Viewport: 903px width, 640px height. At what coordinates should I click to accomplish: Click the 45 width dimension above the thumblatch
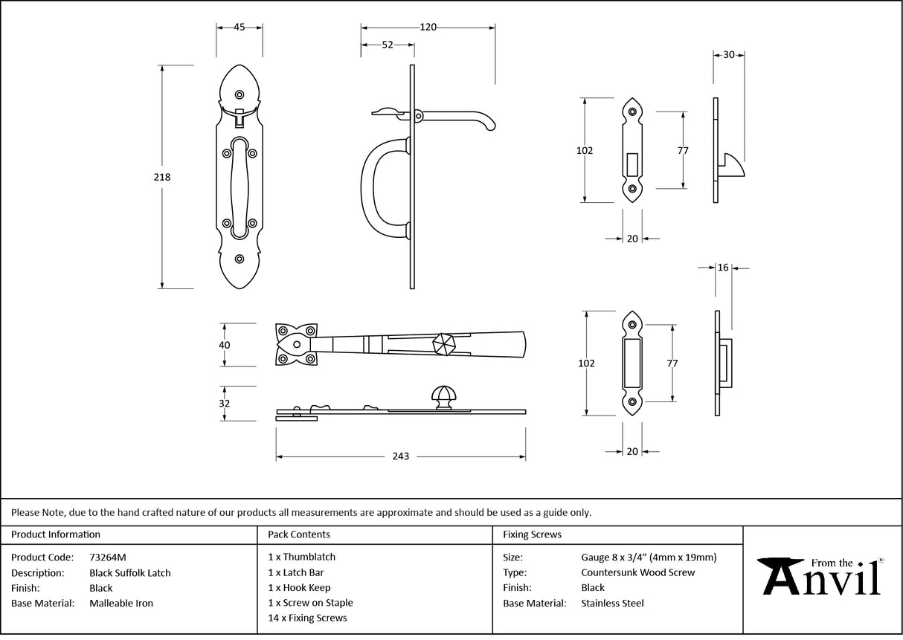pyautogui.click(x=240, y=27)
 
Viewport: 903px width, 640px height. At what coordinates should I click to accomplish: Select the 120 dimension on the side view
pyautogui.click(x=428, y=27)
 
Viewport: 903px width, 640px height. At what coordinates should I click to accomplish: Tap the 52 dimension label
pyautogui.click(x=388, y=45)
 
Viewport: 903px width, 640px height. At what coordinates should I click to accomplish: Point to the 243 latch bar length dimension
pyautogui.click(x=400, y=456)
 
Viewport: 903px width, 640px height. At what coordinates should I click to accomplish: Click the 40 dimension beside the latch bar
pyautogui.click(x=225, y=345)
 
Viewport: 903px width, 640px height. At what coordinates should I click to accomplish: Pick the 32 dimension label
pyautogui.click(x=225, y=404)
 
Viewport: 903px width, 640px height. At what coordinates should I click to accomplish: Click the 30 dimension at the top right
pyautogui.click(x=728, y=54)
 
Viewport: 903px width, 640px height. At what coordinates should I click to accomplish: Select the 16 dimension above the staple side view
pyautogui.click(x=723, y=268)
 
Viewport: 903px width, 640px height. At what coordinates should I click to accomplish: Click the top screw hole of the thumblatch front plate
pyautogui.click(x=240, y=94)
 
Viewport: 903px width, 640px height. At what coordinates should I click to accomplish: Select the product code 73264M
pyautogui.click(x=107, y=557)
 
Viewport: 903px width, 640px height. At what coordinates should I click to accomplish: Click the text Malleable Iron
pyautogui.click(x=121, y=603)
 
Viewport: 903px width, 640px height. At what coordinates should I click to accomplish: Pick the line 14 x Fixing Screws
pyautogui.click(x=307, y=618)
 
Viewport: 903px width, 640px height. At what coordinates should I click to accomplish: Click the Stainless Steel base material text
pyautogui.click(x=612, y=603)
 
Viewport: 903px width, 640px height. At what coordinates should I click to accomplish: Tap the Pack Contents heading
pyautogui.click(x=299, y=534)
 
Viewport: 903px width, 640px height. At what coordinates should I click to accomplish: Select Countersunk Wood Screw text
pyautogui.click(x=637, y=572)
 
